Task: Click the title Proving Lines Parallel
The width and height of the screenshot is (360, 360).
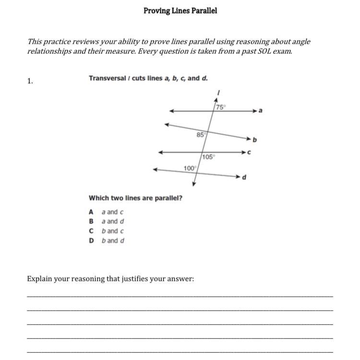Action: point(180,11)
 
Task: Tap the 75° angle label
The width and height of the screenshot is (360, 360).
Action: point(220,108)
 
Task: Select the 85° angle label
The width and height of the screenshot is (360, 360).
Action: point(201,135)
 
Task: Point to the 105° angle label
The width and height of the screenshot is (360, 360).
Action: point(209,157)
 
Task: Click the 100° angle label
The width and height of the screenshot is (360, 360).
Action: point(190,168)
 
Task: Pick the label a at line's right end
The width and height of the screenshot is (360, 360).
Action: point(261,111)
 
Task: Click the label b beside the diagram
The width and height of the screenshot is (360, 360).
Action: point(255,140)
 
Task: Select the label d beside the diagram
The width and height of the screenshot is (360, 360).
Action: point(244,178)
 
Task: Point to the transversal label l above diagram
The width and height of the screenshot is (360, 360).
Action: point(218,92)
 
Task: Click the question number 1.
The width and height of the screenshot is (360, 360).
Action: point(30,81)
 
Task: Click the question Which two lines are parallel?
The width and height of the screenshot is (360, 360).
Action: point(135,198)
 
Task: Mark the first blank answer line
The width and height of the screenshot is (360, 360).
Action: point(180,296)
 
